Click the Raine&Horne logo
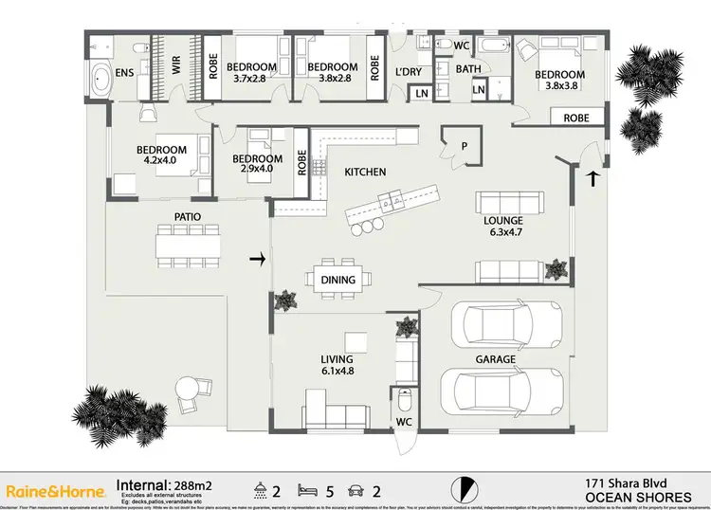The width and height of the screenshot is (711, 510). pyautogui.click(x=56, y=490)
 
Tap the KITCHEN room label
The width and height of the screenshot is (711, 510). pyautogui.click(x=365, y=172)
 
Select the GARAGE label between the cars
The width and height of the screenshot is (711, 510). pyautogui.click(x=496, y=359)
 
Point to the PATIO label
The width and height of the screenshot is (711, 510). pyautogui.click(x=186, y=217)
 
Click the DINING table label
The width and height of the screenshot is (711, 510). pyautogui.click(x=338, y=280)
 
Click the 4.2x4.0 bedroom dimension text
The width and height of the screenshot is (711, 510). pyautogui.click(x=161, y=162)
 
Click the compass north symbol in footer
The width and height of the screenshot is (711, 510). pyautogui.click(x=463, y=487)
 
